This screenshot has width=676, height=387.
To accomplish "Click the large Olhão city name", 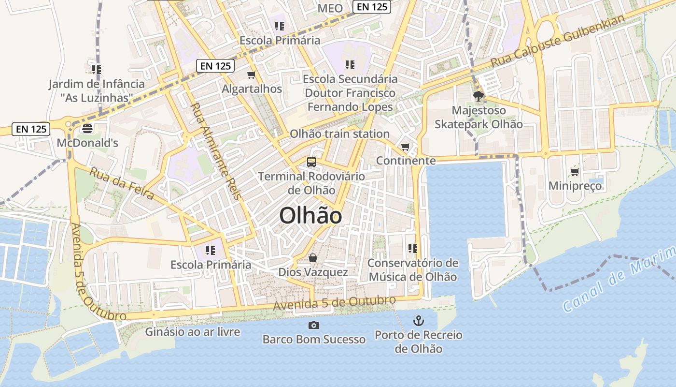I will [310, 216].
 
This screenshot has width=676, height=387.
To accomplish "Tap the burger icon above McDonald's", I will [87, 128].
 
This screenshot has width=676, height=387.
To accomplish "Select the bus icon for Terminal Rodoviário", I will [311, 162].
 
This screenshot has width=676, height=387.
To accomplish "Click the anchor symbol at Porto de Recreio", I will [419, 320].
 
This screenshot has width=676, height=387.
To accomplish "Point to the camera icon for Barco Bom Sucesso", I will [314, 325].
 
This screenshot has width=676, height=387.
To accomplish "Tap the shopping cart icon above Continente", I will [406, 147].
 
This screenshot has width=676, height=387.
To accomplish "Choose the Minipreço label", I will [575, 186].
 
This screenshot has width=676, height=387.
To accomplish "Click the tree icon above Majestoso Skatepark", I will [479, 96].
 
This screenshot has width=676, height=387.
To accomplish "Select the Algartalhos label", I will [252, 89].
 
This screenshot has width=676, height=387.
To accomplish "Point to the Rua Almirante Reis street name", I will [215, 151].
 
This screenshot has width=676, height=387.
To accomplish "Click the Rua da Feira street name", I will [122, 183].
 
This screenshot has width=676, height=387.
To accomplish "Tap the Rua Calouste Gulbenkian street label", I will [558, 41].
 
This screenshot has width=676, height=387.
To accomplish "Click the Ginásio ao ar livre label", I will [193, 332].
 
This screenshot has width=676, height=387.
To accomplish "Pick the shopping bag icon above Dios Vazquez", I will [313, 258].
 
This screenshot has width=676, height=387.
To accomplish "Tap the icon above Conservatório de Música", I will [412, 249].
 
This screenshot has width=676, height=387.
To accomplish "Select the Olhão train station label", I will [339, 134].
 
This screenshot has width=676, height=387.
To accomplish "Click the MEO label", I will [330, 8].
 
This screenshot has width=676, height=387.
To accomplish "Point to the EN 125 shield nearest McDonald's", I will [31, 129].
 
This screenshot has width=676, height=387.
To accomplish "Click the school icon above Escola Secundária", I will [350, 64].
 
